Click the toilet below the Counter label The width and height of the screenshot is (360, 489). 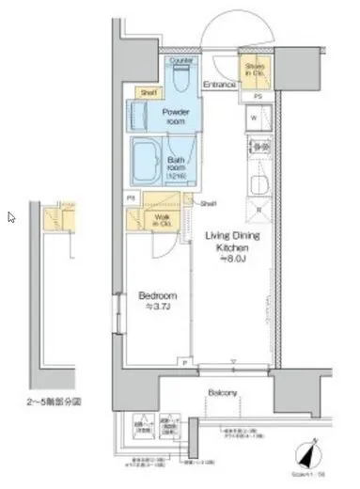tap(180, 79)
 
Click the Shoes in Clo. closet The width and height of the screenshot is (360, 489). tap(255, 71)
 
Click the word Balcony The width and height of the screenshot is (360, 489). tap(222, 393)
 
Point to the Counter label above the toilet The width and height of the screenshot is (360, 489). tap(180, 60)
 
